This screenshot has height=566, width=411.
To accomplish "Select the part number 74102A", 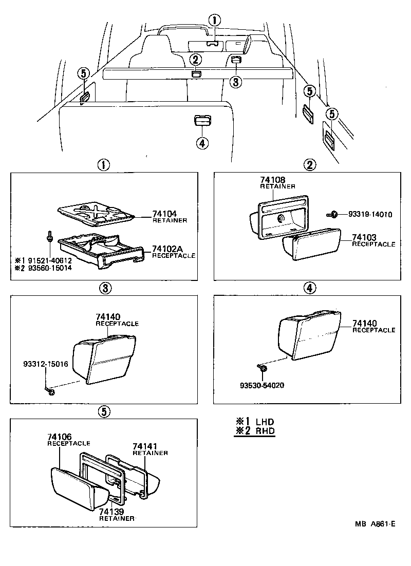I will (167, 249).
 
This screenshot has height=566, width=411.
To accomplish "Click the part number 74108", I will (272, 180).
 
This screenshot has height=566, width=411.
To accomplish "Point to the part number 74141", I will (145, 446).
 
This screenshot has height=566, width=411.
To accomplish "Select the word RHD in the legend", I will (265, 431).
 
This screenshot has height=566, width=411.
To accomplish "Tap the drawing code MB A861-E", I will (375, 524).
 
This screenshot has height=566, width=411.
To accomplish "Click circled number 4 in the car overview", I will (202, 143).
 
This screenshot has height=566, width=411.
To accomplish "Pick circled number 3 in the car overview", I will (235, 82).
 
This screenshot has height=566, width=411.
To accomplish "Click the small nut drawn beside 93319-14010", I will (332, 214).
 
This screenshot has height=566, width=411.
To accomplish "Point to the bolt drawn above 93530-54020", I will (263, 368).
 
